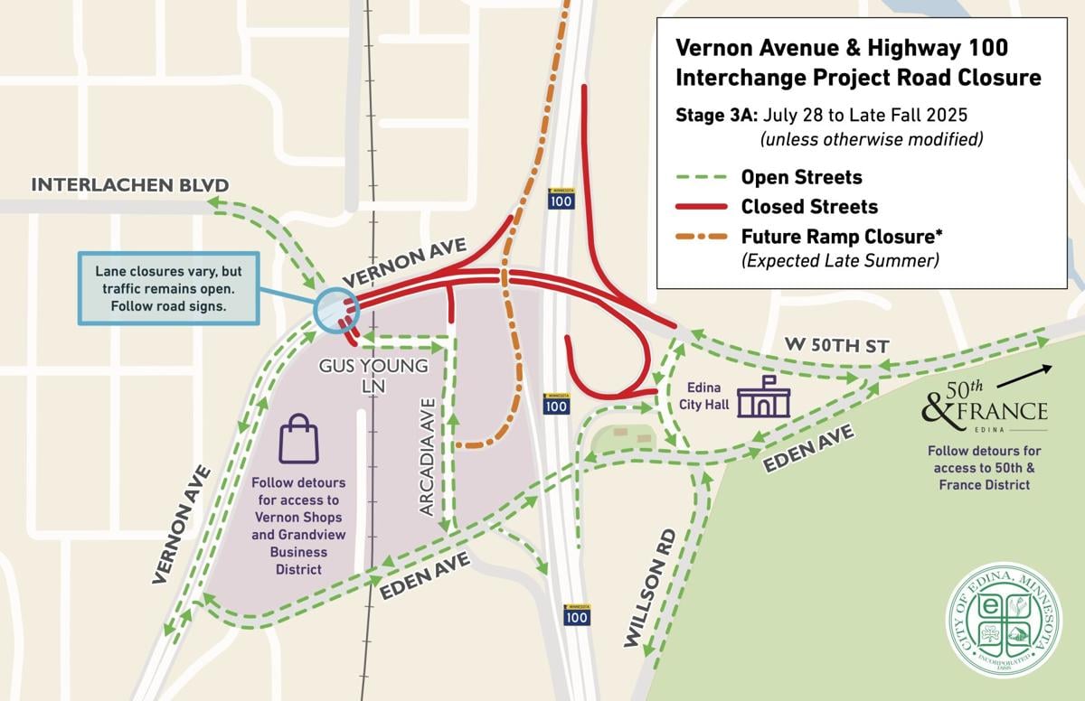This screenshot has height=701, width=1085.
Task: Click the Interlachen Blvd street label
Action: [x=130, y=185]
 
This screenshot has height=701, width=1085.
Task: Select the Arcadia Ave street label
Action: [x=429, y=456]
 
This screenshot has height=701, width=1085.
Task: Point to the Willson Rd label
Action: [x=650, y=588]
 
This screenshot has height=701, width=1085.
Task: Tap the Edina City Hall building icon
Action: [x=764, y=397]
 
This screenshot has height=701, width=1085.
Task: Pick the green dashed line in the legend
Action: [x=701, y=177]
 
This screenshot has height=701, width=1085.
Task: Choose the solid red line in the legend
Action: [x=701, y=207]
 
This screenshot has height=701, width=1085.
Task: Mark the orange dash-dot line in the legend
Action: [x=701, y=238]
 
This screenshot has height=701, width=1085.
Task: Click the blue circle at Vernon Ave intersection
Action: [x=336, y=310]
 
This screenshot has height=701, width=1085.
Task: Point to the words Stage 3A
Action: [x=717, y=116]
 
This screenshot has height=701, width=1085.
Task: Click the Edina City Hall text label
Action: [x=704, y=398]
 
